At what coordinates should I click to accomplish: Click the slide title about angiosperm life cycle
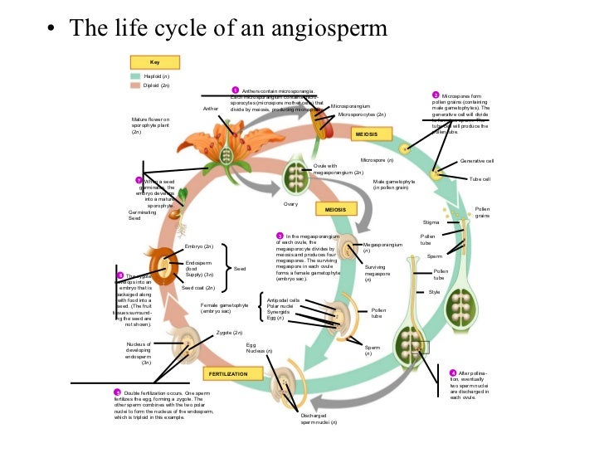[228, 28]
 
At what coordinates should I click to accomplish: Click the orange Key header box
[154, 62]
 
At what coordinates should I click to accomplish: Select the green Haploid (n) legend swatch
[135, 75]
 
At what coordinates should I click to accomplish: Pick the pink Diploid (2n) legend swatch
[135, 85]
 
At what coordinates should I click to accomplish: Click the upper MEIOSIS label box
[366, 134]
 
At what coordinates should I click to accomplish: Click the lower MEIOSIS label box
[335, 210]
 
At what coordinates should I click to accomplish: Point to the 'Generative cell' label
[477, 161]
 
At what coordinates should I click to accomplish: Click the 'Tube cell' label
[480, 179]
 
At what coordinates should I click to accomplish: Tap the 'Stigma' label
[431, 222]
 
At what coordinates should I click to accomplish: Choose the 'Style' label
[434, 292]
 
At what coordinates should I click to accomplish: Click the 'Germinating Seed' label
[130, 215]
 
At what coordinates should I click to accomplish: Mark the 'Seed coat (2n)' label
[198, 288]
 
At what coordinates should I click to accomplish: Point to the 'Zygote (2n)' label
[229, 333]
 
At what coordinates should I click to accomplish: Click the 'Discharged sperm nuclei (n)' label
[319, 419]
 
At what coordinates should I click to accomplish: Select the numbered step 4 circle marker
[452, 373]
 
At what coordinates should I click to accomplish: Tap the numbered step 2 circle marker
[436, 95]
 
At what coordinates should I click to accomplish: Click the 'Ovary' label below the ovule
[290, 204]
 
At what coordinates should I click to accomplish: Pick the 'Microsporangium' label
[348, 107]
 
